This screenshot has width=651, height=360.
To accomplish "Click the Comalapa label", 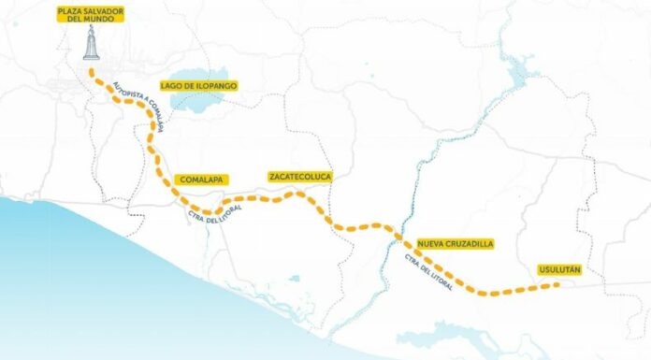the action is click(x=201, y=178).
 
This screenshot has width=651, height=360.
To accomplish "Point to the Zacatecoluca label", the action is click(x=299, y=176).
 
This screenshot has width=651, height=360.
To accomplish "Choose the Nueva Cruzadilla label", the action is click(x=456, y=243).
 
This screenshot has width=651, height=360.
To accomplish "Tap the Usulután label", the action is click(x=560, y=270).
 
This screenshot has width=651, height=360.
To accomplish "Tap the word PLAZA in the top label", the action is click(x=70, y=10).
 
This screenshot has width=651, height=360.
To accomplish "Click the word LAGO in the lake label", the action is click(x=175, y=85).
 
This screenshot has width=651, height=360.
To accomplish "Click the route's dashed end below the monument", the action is click(x=90, y=71).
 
